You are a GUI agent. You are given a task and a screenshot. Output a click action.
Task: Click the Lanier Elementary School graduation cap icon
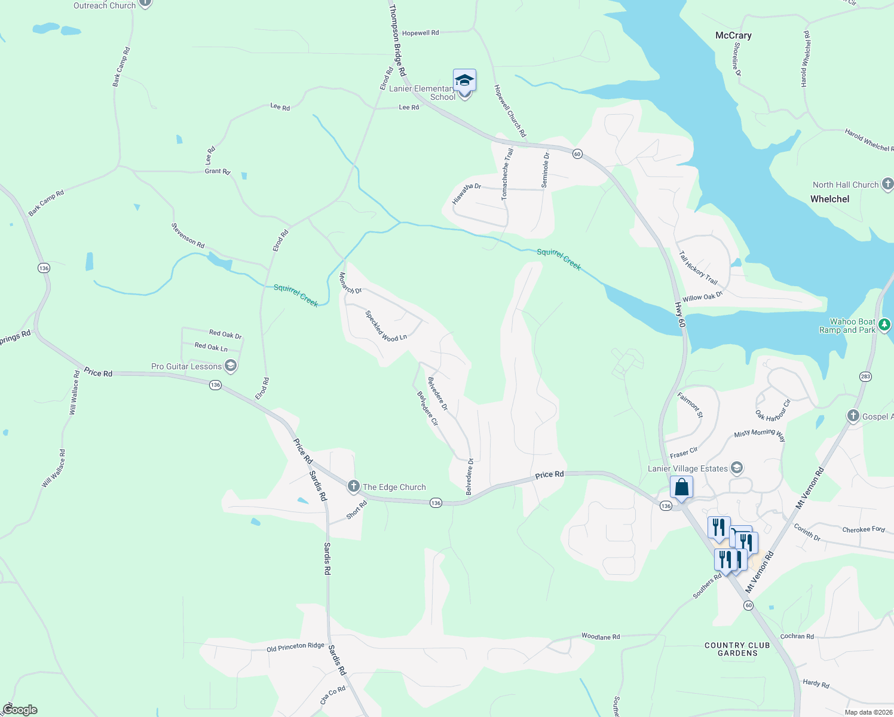(464, 80)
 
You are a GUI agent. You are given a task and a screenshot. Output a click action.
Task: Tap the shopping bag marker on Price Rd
(681, 488)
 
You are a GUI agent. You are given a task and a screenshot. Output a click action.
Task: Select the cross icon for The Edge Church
(354, 486)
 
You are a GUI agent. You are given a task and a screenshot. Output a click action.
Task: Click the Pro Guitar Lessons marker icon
(231, 366)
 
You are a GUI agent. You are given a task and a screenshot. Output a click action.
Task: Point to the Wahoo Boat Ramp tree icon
(884, 325)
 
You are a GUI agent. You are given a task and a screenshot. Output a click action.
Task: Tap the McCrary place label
(733, 36)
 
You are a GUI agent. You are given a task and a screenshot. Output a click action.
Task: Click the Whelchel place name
(829, 199)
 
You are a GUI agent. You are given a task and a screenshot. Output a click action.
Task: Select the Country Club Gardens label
(737, 649)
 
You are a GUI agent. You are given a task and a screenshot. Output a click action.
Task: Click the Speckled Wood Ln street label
(385, 326)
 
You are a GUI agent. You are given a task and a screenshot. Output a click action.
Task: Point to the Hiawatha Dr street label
(466, 194)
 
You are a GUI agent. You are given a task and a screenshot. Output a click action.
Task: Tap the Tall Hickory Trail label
(697, 267)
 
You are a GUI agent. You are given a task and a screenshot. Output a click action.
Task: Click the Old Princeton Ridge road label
(295, 647)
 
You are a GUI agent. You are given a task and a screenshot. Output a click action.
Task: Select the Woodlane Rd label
(601, 636)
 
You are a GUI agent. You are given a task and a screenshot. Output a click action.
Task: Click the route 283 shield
(865, 376)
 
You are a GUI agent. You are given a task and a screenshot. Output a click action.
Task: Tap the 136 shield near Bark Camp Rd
(44, 268)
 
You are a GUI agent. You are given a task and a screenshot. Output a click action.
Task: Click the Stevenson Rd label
(188, 235)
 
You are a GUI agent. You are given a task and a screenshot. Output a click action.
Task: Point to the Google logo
(20, 710)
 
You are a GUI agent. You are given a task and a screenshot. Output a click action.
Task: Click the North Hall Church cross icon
(887, 184)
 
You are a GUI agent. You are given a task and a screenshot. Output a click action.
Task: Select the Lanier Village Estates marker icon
(737, 468)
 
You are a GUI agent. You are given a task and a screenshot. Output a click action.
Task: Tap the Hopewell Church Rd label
(510, 111)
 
